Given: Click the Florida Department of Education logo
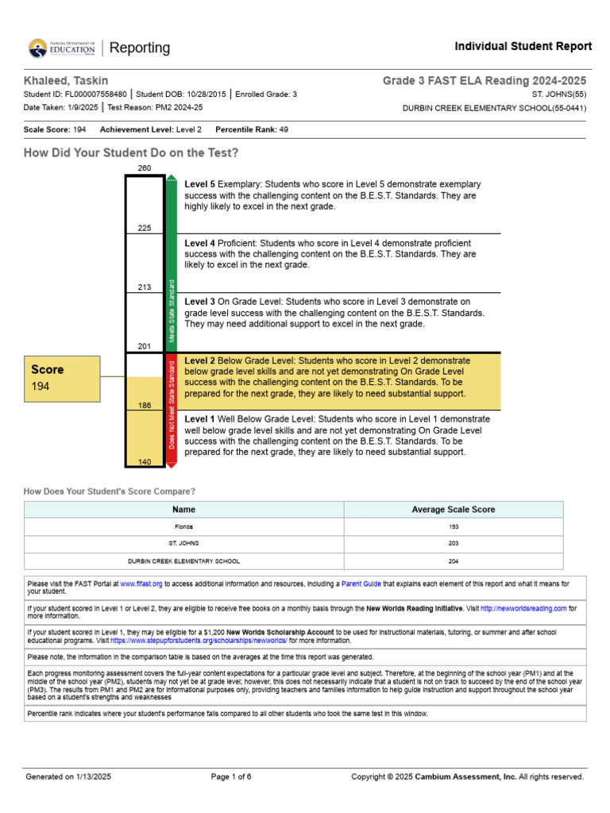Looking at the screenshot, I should (61, 48).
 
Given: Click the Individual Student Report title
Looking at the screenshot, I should (523, 47).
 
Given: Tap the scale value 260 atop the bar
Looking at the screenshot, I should (145, 168).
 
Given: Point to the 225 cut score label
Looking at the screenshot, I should (145, 228).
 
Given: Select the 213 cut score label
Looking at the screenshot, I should (145, 287).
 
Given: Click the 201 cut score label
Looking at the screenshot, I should (145, 346).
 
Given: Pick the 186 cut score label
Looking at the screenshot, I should (145, 405).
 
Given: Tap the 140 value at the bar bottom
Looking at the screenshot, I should (145, 461).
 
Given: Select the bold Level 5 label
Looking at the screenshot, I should (200, 184).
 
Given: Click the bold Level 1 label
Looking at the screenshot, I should (200, 418).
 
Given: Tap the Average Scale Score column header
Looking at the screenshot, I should (453, 510).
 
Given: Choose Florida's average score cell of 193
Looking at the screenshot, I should (453, 526).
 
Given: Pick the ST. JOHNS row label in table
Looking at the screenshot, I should (183, 544).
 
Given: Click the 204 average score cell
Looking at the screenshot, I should (453, 561).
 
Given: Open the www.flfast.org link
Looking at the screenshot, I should (141, 584).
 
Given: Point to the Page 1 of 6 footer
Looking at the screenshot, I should (231, 776).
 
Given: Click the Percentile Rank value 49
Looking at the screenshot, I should (284, 129).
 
